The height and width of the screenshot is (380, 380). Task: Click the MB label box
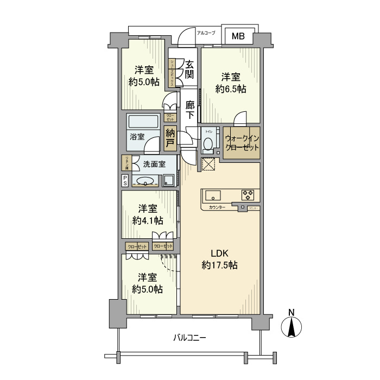pos(238,36)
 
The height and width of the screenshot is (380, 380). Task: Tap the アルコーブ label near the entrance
pos(206,33)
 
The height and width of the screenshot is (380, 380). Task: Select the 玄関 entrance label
pos(189,69)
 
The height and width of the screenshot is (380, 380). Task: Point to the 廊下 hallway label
pos(190,110)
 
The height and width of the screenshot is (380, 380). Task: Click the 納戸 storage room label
pos(170,138)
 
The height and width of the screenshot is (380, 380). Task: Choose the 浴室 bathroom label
pos(137,137)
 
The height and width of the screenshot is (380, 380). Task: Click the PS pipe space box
pos(125,180)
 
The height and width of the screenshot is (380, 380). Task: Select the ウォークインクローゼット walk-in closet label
pos(242,142)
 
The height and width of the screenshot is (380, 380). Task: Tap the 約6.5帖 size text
pos(231,88)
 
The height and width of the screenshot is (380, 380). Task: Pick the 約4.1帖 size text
pos(147,220)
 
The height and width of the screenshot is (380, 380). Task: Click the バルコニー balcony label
pos(189,338)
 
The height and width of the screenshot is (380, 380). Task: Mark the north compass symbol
pos(292,326)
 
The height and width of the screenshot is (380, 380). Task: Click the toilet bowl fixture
pos(208,145)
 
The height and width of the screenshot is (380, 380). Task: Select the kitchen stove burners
pos(248,194)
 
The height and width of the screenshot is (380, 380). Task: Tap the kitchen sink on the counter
pos(212,194)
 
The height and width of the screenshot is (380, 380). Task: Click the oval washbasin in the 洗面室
pos(145,181)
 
